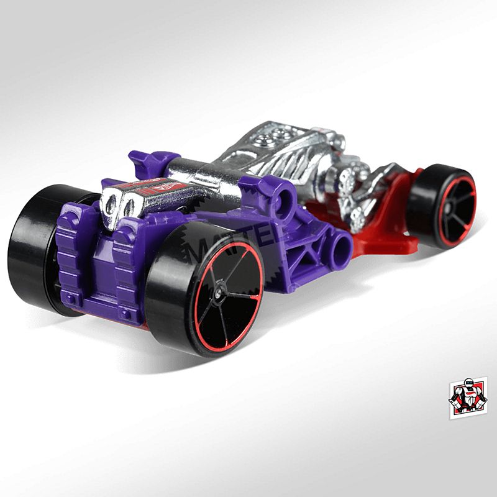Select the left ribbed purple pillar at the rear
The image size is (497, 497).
(x=70, y=255)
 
